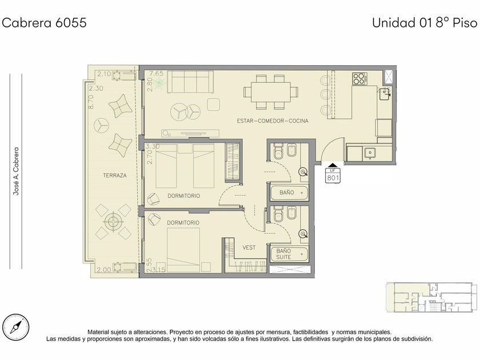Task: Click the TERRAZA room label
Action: coord(114,175)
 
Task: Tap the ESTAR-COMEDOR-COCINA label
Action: coord(273,121)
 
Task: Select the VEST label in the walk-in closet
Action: coord(249,247)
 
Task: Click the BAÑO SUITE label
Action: coord(283,254)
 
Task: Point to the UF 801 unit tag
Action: coord(333,175)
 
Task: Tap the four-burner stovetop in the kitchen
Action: coord(359,78)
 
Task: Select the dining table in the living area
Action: coord(271,92)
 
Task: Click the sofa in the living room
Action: coord(190,82)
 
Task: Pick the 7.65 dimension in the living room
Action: coord(156,74)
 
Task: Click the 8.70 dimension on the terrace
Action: coord(91,102)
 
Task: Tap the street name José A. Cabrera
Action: coord(16,171)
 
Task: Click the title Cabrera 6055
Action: coord(45,23)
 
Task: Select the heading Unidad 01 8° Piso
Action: coord(425,23)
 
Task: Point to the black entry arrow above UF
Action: coord(333,165)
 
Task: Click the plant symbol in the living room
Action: coord(159,83)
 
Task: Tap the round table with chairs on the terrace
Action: coord(113,222)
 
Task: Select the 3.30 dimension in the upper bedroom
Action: coord(153,146)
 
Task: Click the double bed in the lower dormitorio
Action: coord(183,250)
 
